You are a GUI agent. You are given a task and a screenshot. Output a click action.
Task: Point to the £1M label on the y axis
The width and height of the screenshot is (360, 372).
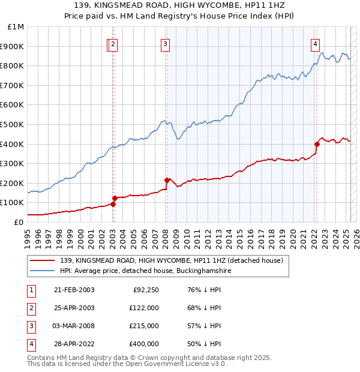(16, 27)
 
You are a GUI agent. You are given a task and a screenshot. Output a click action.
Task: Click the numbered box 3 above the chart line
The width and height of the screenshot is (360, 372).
(165, 43)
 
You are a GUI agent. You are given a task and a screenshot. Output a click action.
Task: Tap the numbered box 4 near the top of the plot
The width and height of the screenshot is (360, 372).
(314, 43)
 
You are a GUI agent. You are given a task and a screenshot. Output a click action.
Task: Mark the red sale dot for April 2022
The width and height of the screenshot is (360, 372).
(317, 144)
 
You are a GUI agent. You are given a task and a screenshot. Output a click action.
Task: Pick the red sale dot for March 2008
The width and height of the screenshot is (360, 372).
(167, 180)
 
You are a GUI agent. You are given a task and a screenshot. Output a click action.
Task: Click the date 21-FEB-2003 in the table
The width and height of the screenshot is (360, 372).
(74, 290)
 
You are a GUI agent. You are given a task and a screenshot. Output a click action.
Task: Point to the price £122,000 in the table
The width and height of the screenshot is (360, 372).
(144, 308)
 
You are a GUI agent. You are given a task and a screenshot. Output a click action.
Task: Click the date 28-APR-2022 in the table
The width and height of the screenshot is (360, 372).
(74, 344)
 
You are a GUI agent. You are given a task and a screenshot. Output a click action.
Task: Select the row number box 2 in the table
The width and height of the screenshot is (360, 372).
(31, 308)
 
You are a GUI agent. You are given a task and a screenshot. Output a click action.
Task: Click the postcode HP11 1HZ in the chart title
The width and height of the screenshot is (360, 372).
(265, 6)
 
